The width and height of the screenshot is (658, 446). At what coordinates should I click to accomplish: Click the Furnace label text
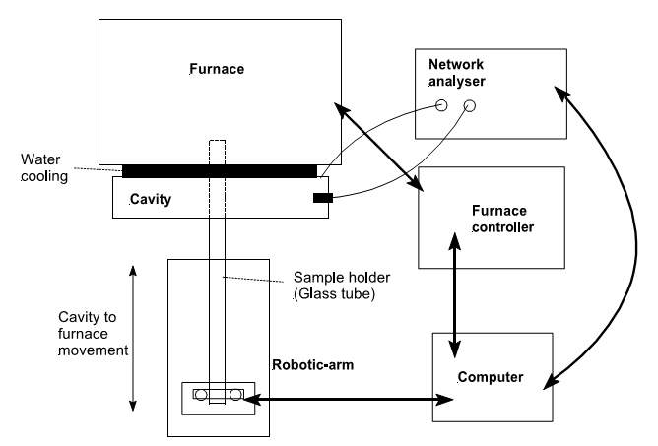217,69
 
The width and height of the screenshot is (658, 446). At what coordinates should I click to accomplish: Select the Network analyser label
457,73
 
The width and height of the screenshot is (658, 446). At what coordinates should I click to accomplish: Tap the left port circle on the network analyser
441,105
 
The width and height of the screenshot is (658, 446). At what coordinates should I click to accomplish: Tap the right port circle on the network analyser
470,106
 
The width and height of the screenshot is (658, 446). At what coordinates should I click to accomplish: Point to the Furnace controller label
502,219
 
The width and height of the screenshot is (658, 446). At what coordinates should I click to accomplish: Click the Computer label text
491,377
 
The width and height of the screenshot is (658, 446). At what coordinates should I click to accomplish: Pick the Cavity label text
151,199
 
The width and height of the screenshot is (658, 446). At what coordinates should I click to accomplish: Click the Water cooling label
44,167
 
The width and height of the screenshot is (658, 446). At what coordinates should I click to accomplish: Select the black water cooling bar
220,171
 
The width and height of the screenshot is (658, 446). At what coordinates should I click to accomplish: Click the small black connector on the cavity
323,198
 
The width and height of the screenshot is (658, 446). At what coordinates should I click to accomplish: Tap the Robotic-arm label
312,365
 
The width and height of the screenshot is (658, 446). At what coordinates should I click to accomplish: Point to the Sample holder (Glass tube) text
341,286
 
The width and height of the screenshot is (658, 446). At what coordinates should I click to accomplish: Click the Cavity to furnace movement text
94,334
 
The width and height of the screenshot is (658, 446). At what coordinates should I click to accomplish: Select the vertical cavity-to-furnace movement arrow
133,338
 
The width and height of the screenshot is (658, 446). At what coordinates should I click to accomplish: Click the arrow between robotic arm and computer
349,399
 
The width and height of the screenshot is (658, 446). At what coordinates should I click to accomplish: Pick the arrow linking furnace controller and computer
455,295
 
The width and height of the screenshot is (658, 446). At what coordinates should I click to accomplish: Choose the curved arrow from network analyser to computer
635,239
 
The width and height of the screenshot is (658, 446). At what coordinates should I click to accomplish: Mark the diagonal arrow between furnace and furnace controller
378,147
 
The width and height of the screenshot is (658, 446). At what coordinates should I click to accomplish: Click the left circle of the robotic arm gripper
201,395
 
